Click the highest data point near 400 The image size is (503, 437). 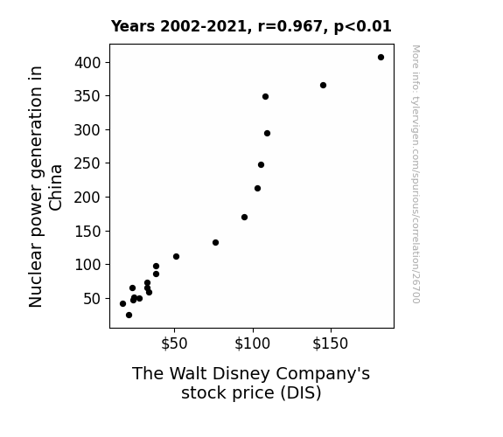tap(381, 58)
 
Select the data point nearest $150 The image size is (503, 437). tap(323, 86)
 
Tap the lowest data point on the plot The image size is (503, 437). tap(129, 316)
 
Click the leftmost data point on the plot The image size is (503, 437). tap(122, 303)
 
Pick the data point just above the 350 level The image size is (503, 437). tap(265, 96)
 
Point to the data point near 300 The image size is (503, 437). tap(267, 134)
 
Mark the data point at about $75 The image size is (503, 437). tap(215, 242)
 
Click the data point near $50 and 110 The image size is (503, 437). tap(176, 256)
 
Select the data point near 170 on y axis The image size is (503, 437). tap(244, 218)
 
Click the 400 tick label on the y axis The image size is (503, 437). tap(87, 63)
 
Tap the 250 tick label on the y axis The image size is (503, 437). tap(87, 163)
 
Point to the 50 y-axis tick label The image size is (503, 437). tap(92, 299)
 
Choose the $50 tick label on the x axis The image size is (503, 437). tap(174, 343)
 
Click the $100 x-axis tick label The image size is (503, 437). tap(253, 343)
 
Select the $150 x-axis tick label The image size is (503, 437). tap(331, 343)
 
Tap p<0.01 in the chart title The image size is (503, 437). tap(363, 27)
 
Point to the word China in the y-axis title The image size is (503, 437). tap(56, 188)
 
